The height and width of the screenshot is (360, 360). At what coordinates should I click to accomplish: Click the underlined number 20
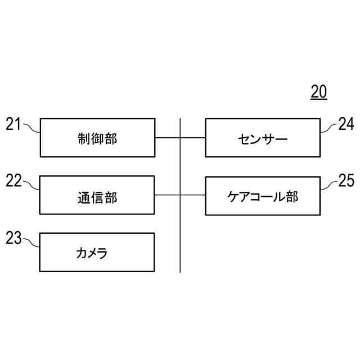coord(318,92)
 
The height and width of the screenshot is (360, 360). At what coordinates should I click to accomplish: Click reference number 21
coord(13,124)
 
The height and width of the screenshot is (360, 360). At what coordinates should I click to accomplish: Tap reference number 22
coord(13,180)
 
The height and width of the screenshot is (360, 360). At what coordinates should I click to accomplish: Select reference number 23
coord(13,238)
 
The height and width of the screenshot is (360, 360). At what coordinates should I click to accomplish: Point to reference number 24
coord(346,124)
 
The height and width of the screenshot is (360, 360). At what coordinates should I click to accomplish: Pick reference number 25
coord(346,180)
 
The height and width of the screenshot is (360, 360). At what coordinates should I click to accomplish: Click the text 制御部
coord(97,138)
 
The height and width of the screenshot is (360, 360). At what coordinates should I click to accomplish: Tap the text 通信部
coord(97,196)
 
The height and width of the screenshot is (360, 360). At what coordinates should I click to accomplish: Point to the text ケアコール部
coord(263,196)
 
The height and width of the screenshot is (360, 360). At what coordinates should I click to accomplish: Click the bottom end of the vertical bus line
coord(180,271)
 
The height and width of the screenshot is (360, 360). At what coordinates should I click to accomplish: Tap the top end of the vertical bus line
coord(180,119)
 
